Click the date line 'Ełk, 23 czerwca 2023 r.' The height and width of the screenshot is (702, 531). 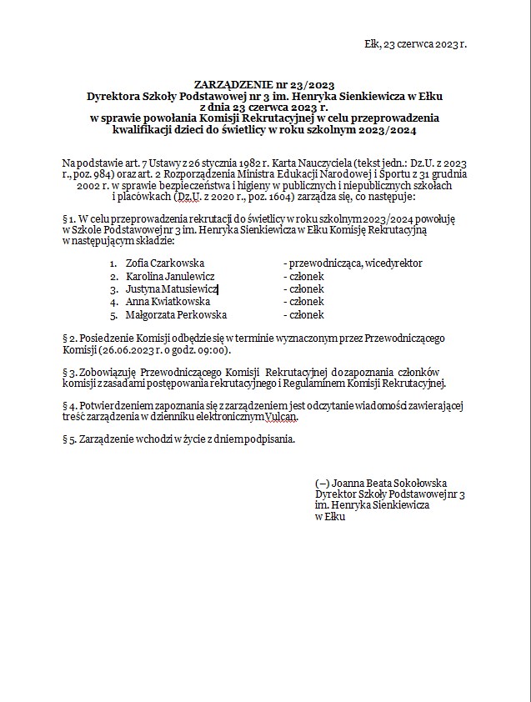pos(416,43)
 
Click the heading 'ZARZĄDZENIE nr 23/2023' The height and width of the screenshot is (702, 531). pos(264,85)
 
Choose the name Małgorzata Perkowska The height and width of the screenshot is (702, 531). pos(176,315)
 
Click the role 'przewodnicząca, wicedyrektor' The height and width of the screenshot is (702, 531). pos(353,263)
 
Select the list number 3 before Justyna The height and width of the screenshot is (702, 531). pos(113,289)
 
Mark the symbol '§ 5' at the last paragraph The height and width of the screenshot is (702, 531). pos(69,439)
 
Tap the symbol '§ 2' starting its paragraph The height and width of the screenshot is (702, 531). pos(69,338)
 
